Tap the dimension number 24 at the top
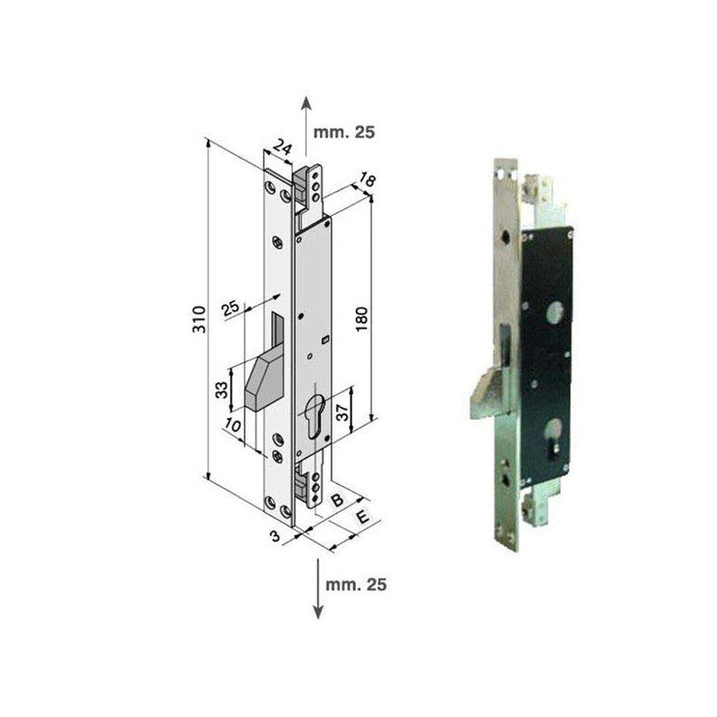pyautogui.click(x=281, y=148)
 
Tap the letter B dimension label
pyautogui.click(x=337, y=500)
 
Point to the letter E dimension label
pyautogui.click(x=362, y=518)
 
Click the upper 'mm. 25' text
pyautogui.click(x=345, y=131)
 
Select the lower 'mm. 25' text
pyautogui.click(x=357, y=584)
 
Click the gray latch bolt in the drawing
pyautogui.click(x=260, y=381)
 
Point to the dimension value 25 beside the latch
pyautogui.click(x=230, y=309)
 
